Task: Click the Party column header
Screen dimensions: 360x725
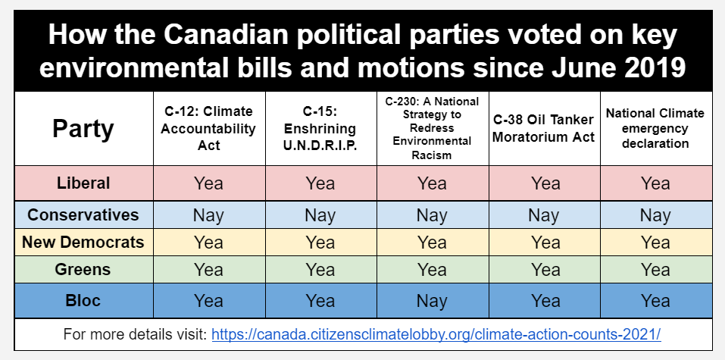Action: click(83, 128)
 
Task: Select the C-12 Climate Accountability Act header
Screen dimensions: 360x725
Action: click(209, 128)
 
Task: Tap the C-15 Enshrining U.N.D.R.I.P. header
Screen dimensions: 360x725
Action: click(320, 128)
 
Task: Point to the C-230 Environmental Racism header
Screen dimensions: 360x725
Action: click(432, 128)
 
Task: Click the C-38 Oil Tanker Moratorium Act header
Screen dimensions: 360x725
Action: click(544, 128)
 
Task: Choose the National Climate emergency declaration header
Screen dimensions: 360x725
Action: click(655, 128)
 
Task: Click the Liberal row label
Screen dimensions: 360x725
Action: click(83, 183)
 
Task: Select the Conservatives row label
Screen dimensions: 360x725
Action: click(83, 214)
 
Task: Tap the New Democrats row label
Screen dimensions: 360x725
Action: click(83, 242)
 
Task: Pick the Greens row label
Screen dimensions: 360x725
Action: click(83, 269)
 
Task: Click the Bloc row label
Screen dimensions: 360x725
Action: click(83, 300)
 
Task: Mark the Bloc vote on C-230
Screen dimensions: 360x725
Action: click(432, 301)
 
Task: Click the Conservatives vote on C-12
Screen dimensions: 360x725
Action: click(209, 215)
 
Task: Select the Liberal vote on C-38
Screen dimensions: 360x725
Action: click(544, 183)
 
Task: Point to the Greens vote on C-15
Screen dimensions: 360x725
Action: click(320, 270)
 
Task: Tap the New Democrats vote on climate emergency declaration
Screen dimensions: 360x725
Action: click(655, 243)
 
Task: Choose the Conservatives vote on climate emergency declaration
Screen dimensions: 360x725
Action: click(655, 215)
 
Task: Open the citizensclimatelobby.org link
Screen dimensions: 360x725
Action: click(436, 333)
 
